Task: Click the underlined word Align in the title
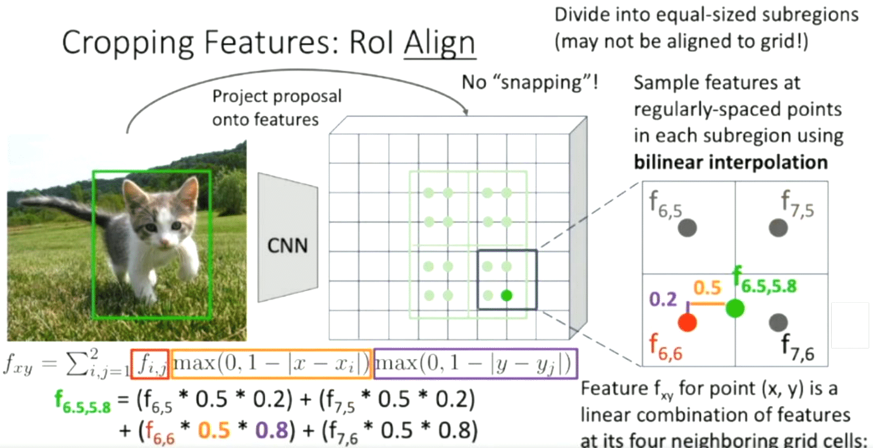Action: [x=439, y=42]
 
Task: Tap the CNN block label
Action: [x=287, y=246]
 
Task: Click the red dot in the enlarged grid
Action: [x=687, y=322]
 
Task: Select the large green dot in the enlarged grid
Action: [x=735, y=308]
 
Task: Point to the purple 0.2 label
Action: [x=663, y=299]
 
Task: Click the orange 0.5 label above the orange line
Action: [x=707, y=288]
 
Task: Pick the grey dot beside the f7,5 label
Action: [x=778, y=228]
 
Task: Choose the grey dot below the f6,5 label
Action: [x=687, y=228]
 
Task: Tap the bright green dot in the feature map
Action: [x=507, y=296]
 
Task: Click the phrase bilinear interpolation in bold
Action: [x=731, y=162]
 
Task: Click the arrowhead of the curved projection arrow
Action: [x=466, y=113]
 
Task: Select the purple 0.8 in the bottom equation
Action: [x=271, y=430]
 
